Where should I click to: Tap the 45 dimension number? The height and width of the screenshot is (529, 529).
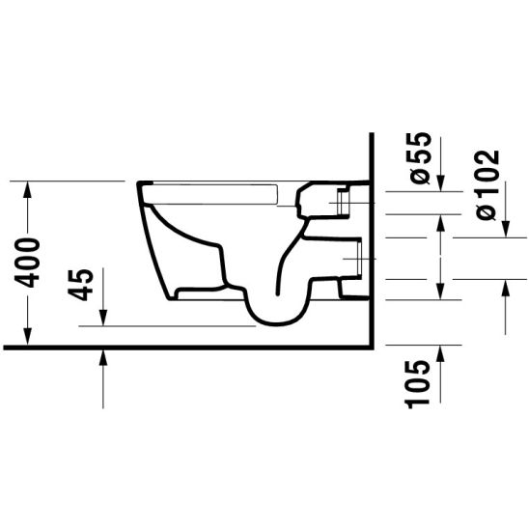click(x=83, y=285)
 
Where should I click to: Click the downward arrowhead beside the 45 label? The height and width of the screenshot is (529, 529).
click(x=102, y=318)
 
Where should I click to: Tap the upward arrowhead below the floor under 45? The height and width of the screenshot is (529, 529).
click(x=102, y=355)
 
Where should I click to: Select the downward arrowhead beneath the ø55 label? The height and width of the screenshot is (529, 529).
click(x=440, y=183)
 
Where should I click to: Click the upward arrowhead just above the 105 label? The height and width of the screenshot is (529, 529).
click(x=440, y=351)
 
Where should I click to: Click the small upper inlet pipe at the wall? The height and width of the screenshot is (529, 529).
click(x=340, y=203)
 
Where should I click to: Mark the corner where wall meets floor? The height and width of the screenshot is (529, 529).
click(x=370, y=344)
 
